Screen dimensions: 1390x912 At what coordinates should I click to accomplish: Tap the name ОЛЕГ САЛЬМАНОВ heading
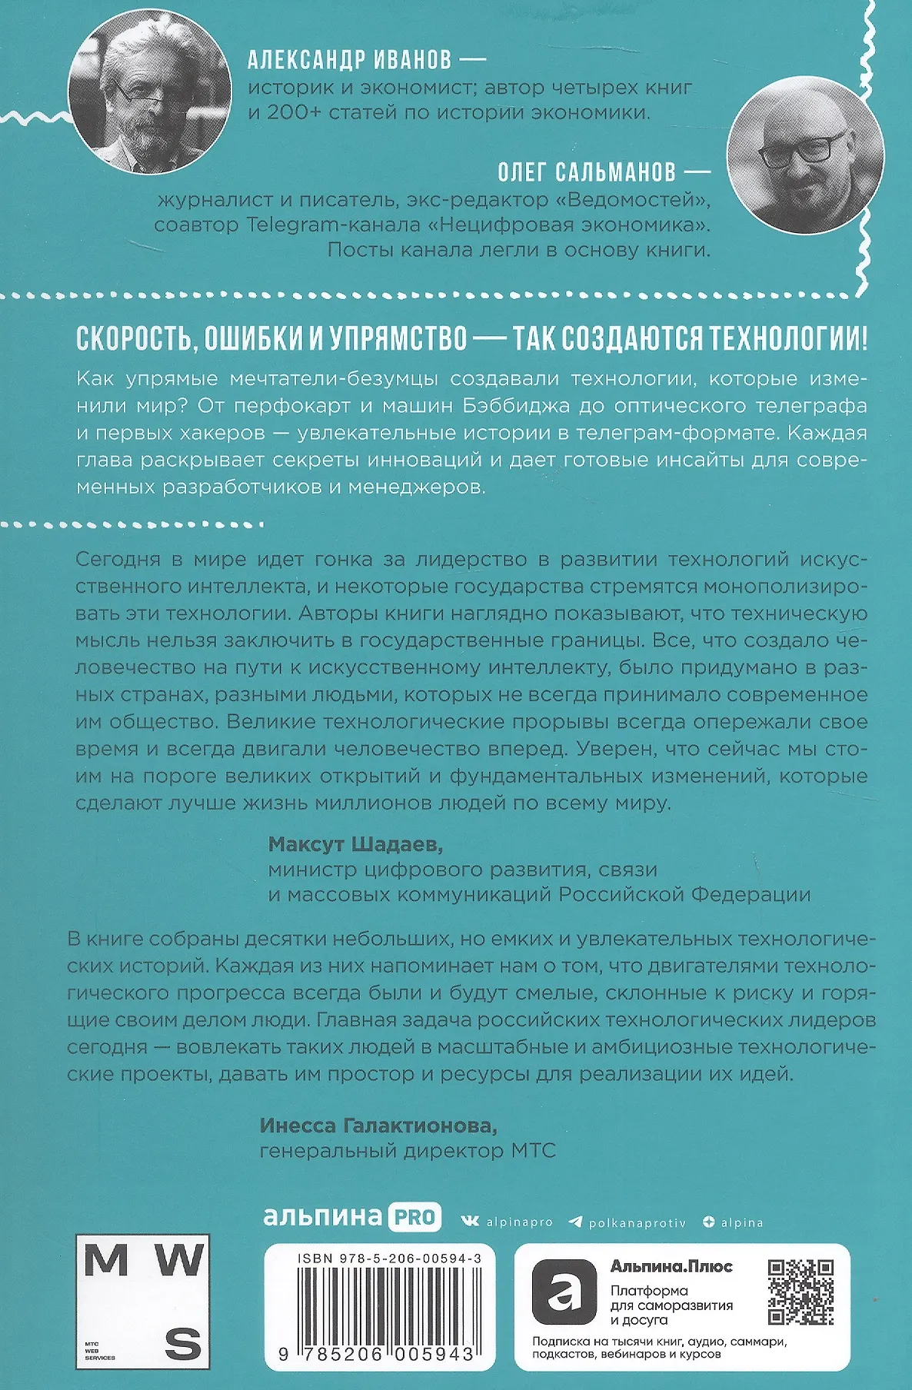tap(586, 171)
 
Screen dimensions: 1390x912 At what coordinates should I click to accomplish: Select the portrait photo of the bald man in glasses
tap(805, 155)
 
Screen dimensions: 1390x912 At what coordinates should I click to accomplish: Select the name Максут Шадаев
tap(355, 844)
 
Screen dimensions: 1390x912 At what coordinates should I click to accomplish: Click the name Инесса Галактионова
tap(378, 1126)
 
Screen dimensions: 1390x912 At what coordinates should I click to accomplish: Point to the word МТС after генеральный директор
tap(533, 1151)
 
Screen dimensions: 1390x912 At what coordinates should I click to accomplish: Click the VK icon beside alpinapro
tap(469, 1222)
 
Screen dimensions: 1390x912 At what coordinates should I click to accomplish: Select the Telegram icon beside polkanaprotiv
tap(574, 1222)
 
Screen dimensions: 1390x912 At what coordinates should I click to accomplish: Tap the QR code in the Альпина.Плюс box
tap(800, 1292)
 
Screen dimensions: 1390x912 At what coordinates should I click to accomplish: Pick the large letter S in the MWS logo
tap(183, 1343)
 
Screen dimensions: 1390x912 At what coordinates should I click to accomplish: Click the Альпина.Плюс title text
tap(671, 1266)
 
